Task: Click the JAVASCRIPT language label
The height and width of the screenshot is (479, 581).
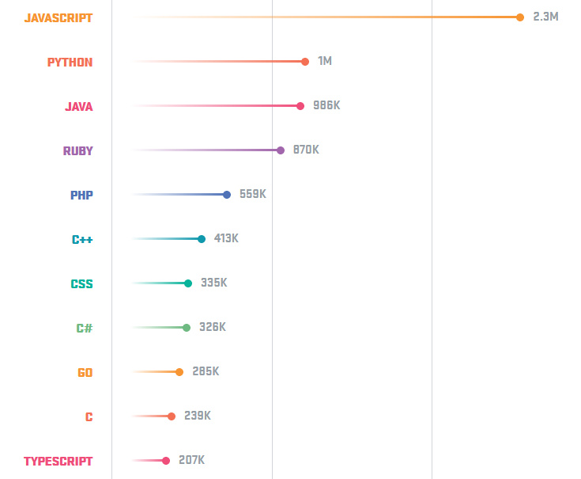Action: click(x=58, y=17)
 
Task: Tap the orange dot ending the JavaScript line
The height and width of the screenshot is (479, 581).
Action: click(x=520, y=17)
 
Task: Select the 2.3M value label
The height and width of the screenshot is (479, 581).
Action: click(x=545, y=17)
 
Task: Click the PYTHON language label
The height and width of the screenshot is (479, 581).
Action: click(x=70, y=62)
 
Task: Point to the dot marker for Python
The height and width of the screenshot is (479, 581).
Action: click(x=305, y=62)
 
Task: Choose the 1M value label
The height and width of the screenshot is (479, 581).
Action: click(x=325, y=61)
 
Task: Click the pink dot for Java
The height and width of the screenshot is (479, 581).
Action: click(x=300, y=106)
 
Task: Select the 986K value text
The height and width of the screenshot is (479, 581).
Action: click(x=326, y=105)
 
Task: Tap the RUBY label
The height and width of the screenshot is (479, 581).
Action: click(x=78, y=150)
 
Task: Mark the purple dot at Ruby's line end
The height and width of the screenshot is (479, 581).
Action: click(x=281, y=150)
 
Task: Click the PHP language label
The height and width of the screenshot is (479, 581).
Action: click(x=81, y=195)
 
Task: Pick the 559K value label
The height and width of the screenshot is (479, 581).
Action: click(x=253, y=194)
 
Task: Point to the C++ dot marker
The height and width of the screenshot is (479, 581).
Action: click(x=202, y=239)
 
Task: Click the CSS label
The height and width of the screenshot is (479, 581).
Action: click(x=81, y=283)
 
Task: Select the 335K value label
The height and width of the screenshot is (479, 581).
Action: click(x=214, y=283)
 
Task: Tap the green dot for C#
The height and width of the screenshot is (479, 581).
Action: click(x=187, y=328)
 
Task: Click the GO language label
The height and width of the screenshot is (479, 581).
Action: click(x=85, y=372)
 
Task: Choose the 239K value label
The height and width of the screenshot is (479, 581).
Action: click(x=198, y=416)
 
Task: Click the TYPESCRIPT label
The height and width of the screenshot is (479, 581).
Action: click(x=58, y=461)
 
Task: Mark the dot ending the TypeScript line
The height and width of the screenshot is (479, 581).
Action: click(x=166, y=461)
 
